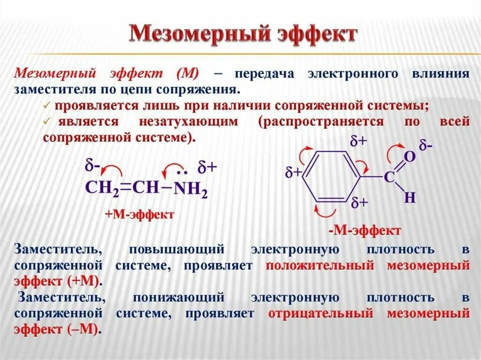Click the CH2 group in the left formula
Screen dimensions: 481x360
click(x=102, y=187)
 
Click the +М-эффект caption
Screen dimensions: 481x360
click(x=140, y=214)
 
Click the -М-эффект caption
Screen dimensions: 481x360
click(x=365, y=230)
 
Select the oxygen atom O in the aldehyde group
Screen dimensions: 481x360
click(x=410, y=157)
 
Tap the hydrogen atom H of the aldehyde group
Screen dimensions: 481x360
click(x=410, y=198)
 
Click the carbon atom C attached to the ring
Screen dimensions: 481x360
click(x=389, y=177)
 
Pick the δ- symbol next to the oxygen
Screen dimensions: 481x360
click(x=426, y=146)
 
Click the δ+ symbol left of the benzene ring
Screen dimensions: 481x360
click(x=294, y=172)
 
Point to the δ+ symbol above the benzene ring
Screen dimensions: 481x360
click(x=359, y=141)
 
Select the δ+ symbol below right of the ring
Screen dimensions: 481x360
click(x=359, y=203)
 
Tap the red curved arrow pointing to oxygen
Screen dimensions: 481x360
click(x=394, y=151)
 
